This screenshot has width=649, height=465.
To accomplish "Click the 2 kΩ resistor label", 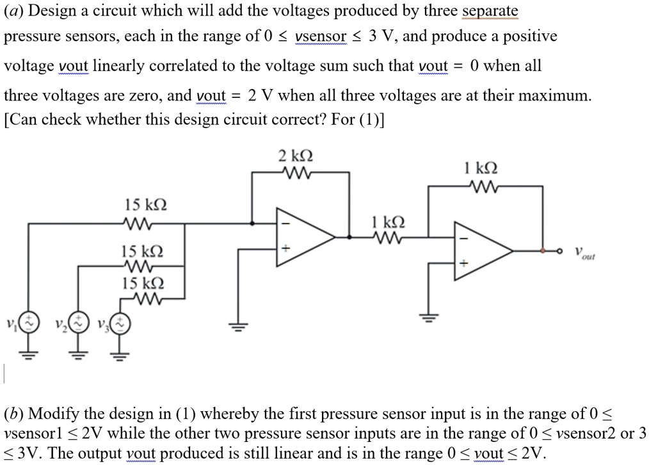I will coord(296,156).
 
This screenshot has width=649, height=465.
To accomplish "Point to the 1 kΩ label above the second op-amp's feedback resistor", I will coord(479,169).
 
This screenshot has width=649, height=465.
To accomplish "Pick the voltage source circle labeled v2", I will coord(78,324).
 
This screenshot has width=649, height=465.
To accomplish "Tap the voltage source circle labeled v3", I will coord(120,324).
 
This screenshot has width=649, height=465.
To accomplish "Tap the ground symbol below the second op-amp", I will coord(429,317).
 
